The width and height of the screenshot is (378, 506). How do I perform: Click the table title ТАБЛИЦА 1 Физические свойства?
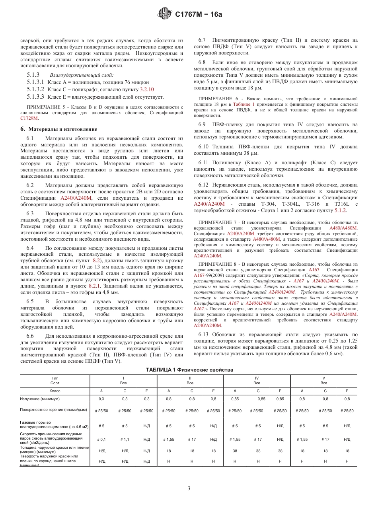(189, 370)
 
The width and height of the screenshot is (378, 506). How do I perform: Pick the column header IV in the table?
(257, 378)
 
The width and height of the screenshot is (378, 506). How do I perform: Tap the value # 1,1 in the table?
(125, 440)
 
